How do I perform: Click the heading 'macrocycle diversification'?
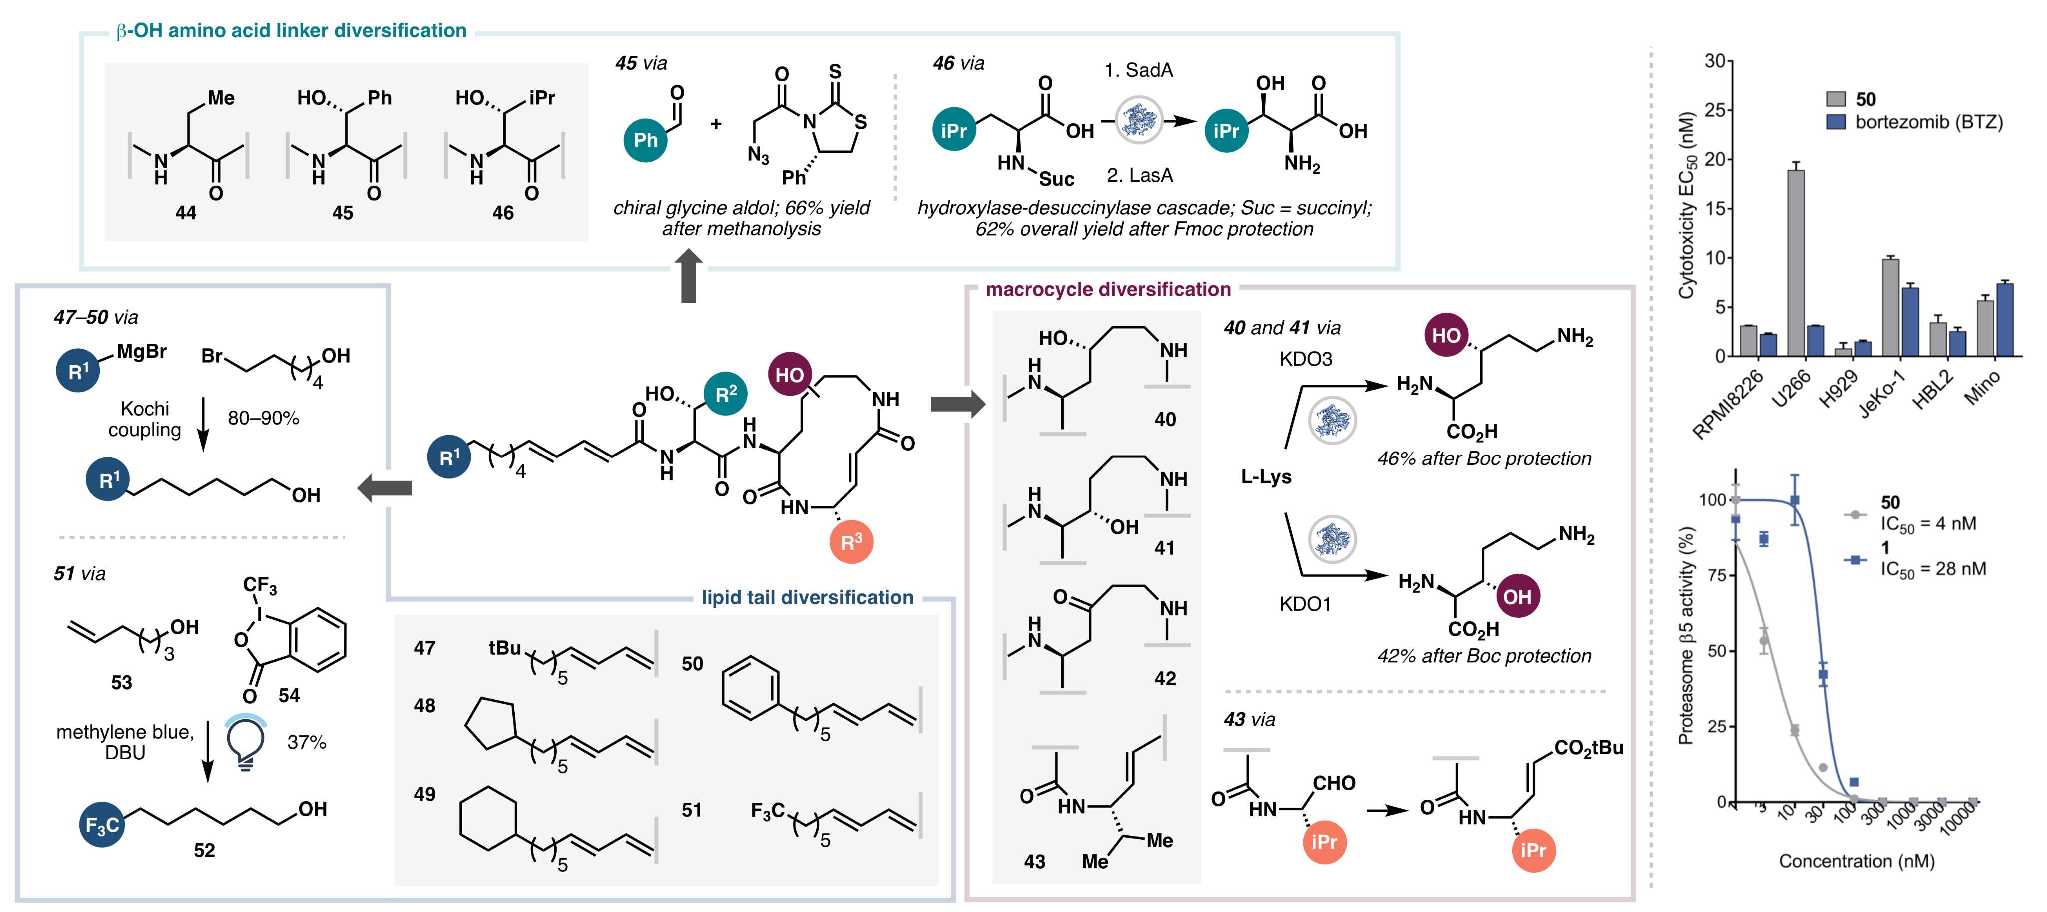1108,289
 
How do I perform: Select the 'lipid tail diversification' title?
808,597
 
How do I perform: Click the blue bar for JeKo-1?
1911,321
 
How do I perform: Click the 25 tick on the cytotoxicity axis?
1714,110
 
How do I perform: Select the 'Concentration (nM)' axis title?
1856,861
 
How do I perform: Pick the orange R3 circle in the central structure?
851,542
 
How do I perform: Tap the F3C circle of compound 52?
102,825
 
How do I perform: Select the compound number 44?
186,213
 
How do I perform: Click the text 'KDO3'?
1305,359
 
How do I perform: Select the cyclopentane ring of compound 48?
489,724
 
